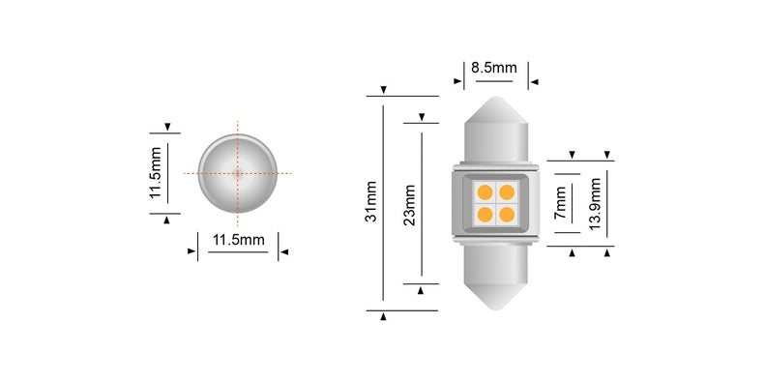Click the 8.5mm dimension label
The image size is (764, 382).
(493, 69)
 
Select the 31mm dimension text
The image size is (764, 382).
(370, 204)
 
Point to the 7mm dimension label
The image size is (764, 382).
(560, 204)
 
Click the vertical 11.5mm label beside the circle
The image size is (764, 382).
(154, 173)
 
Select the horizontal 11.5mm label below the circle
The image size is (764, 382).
(237, 240)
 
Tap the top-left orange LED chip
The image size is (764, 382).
(485, 191)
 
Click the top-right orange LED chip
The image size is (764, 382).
(506, 191)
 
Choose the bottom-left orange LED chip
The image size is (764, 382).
(485, 214)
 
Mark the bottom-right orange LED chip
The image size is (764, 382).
(506, 214)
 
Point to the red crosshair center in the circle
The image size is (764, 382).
(237, 172)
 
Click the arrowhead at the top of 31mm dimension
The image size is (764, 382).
(384, 90)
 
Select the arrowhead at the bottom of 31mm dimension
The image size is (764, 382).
(384, 316)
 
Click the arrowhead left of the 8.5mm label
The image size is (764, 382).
(456, 82)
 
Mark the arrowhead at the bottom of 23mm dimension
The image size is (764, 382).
(421, 289)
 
